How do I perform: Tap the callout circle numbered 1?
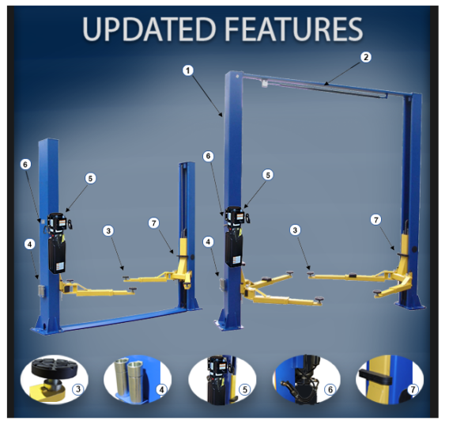click(x=187, y=70)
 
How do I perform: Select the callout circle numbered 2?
click(x=365, y=57)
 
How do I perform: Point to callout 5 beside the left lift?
click(x=90, y=179)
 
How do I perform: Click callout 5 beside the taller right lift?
click(x=268, y=174)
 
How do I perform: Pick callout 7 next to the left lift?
click(x=153, y=223)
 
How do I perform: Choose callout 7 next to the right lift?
click(x=375, y=219)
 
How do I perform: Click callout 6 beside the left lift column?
click(x=25, y=164)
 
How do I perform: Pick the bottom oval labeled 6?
click(x=306, y=380)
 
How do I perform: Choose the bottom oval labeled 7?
click(x=390, y=380)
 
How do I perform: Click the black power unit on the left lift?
click(x=57, y=241)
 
